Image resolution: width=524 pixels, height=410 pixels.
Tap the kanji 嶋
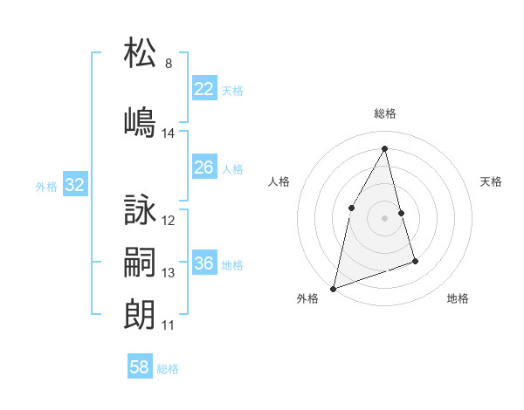tap(140, 122)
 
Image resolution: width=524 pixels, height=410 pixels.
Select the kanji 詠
tap(140, 210)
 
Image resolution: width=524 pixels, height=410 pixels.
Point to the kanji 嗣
tap(140, 262)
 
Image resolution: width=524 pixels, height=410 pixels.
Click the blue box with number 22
tap(203, 89)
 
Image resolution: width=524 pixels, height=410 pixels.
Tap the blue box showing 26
tap(203, 167)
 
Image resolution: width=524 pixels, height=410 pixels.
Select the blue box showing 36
tap(203, 263)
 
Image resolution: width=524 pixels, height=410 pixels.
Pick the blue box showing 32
tap(74, 185)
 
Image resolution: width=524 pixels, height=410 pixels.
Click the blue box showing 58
tap(140, 367)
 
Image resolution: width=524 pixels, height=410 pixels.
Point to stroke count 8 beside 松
tap(169, 64)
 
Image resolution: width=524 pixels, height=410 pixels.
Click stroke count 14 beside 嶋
tap(169, 133)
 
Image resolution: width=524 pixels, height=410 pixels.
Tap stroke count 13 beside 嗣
tap(169, 273)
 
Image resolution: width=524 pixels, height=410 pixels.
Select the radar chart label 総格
tap(385, 113)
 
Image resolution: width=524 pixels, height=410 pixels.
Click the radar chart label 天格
tap(492, 181)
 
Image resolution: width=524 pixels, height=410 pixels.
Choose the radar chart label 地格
tap(458, 298)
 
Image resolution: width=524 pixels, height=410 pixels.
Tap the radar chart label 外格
tap(307, 298)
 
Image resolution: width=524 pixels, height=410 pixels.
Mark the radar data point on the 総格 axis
tap(385, 147)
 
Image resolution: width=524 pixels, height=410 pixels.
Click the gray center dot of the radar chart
tap(385, 218)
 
